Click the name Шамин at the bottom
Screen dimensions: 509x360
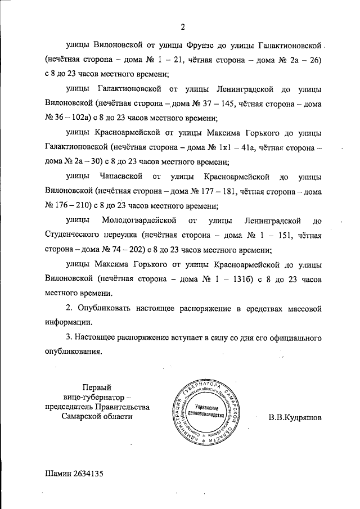56,474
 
